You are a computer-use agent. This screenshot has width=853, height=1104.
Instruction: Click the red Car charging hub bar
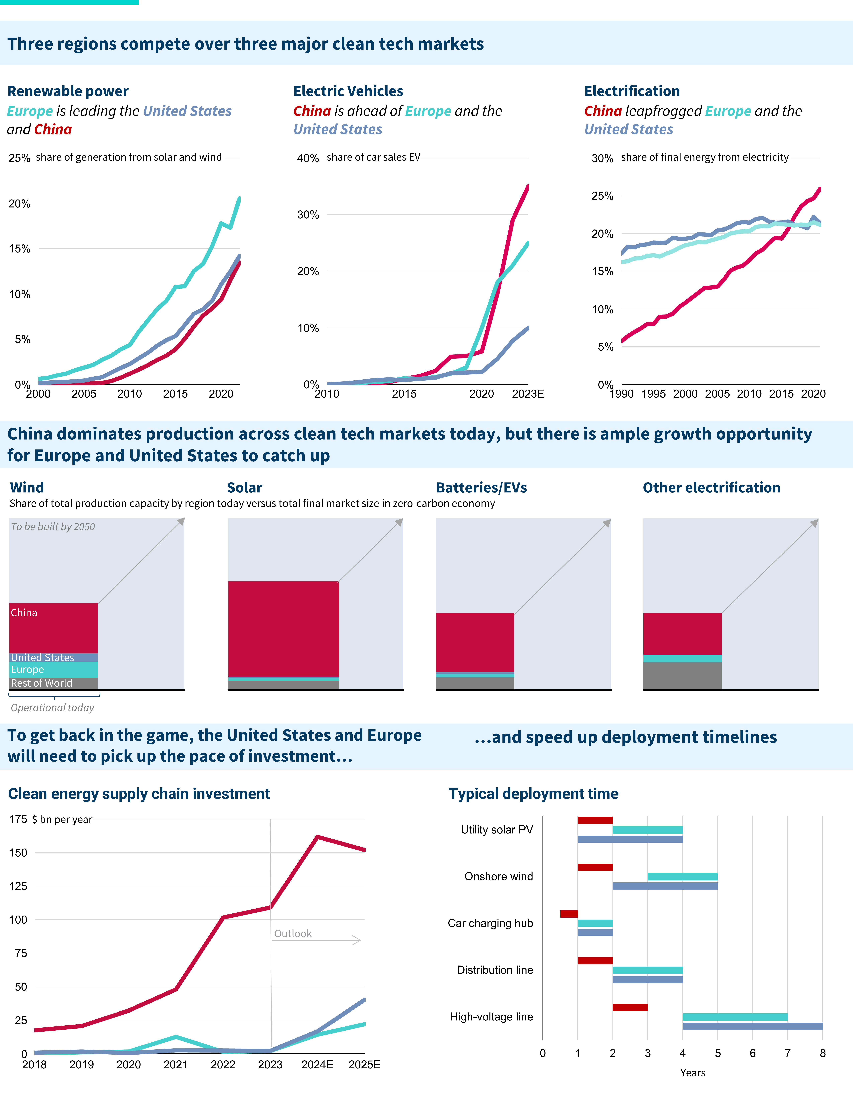pos(569,914)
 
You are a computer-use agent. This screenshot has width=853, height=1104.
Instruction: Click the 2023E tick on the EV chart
pos(528,394)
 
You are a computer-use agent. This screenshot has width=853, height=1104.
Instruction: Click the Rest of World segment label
pos(41,683)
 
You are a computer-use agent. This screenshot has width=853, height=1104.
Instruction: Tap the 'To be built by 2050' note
pos(53,527)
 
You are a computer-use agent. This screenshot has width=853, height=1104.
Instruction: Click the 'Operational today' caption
pos(53,708)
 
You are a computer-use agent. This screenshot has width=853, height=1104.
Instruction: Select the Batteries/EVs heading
pos(481,488)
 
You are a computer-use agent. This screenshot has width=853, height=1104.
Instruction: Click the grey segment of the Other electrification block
pos(682,676)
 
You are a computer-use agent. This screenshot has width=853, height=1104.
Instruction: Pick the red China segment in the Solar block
pos(283,628)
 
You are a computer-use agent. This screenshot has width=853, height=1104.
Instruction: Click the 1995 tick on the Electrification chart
pos(653,394)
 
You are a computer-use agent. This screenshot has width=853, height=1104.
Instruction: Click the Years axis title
pos(692,1073)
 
